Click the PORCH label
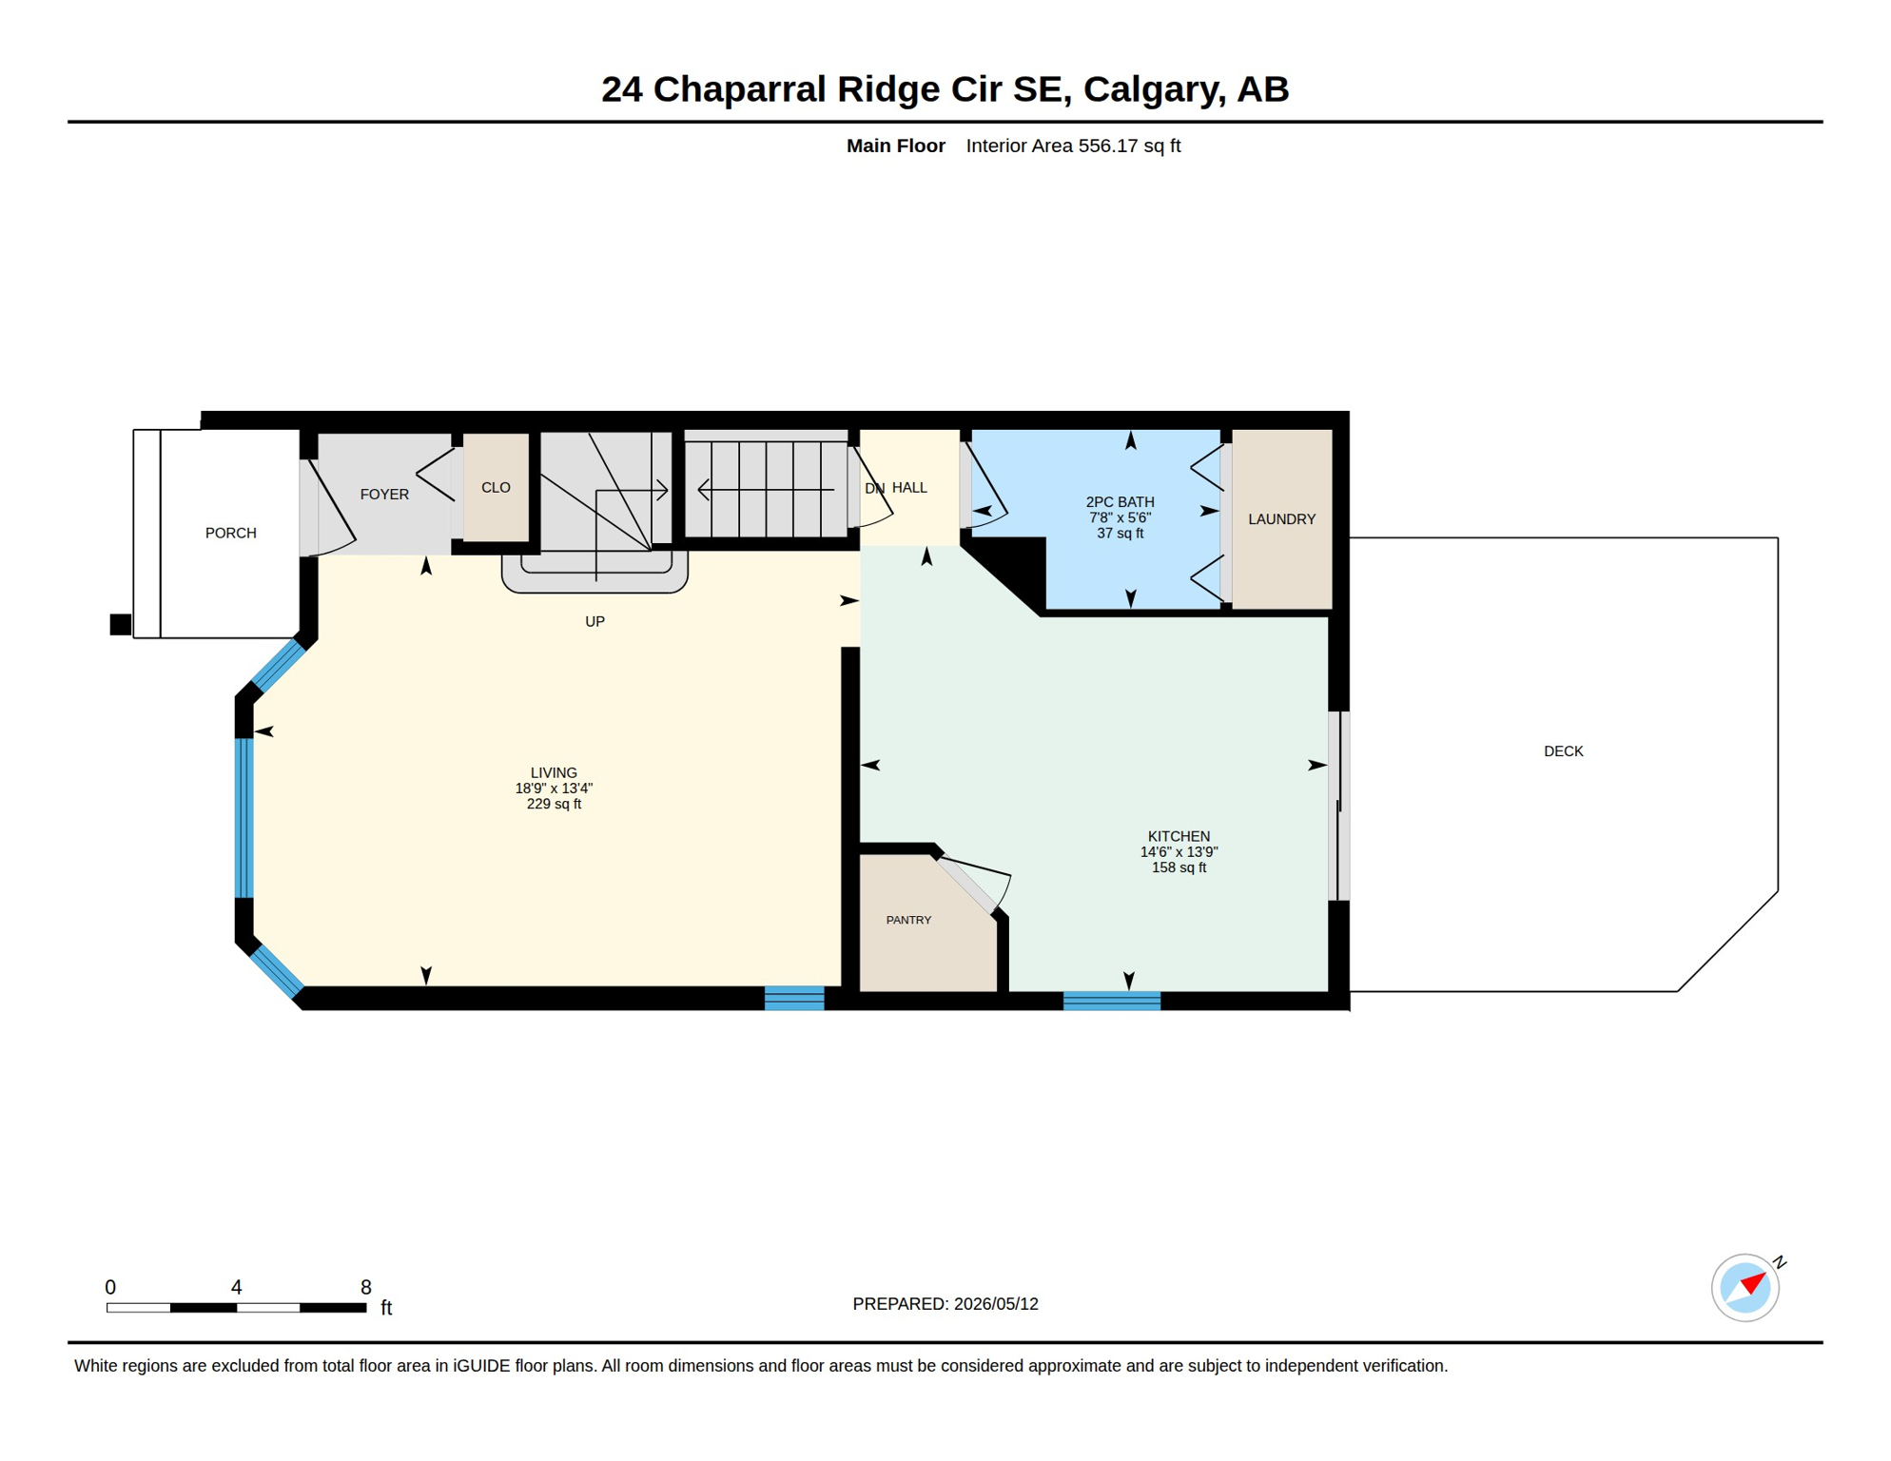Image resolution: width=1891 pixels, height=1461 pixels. coord(231,533)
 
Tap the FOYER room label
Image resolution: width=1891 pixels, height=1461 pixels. coord(384,495)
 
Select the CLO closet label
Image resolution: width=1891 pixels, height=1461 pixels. coord(496,487)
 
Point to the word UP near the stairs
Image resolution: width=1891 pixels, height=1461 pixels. coord(595,621)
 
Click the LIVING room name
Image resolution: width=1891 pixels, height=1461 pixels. coord(554,772)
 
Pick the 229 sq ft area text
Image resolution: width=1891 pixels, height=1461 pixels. coord(554,804)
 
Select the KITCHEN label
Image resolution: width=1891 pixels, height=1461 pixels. coord(1179,836)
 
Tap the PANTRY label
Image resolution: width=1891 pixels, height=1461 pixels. coord(908,920)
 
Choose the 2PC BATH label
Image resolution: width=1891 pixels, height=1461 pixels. coord(1120,501)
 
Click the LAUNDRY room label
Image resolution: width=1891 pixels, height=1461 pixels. coord(1281,519)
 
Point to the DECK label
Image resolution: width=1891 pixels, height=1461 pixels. coord(1563,751)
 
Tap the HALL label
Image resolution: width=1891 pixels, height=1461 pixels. coord(909,487)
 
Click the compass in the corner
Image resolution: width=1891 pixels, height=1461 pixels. coord(1745,1288)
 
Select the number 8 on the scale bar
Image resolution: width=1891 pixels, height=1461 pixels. coord(366,1287)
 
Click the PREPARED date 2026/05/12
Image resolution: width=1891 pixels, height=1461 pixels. coord(996,1304)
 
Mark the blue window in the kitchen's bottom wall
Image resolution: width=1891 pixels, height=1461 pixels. coord(1111,1001)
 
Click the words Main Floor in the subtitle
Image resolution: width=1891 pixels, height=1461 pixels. coord(895,146)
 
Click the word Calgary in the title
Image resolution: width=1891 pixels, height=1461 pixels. coord(1152,89)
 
